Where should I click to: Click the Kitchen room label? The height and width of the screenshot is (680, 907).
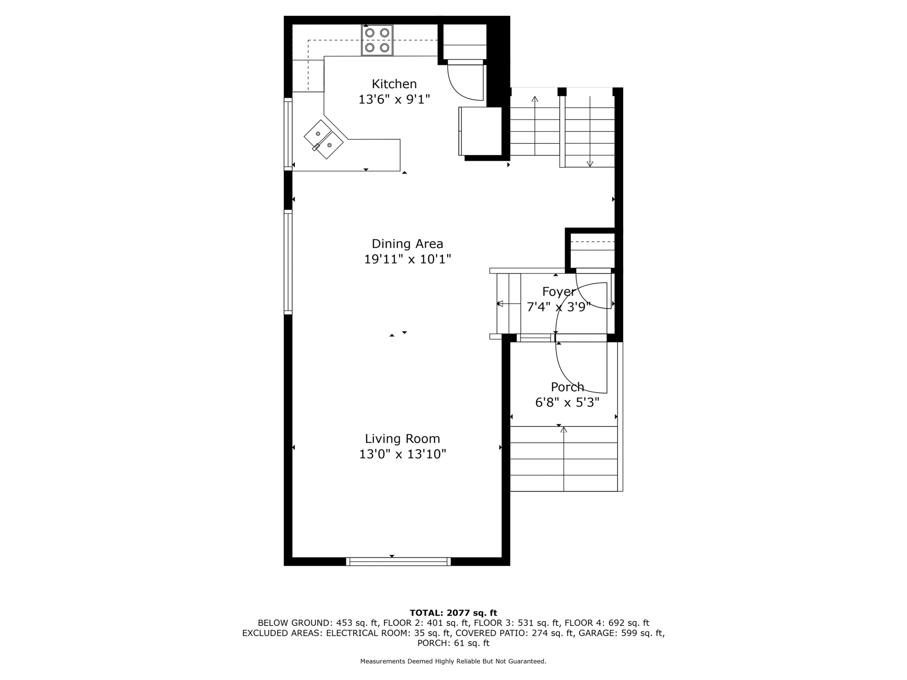(x=394, y=84)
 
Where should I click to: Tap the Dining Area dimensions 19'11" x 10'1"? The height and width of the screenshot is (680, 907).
(x=407, y=259)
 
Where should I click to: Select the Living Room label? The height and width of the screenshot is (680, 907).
(x=403, y=439)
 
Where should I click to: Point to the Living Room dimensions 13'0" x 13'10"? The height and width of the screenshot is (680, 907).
(x=403, y=454)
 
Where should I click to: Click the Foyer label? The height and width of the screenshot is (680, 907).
(x=559, y=292)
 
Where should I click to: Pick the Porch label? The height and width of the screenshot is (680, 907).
(x=567, y=387)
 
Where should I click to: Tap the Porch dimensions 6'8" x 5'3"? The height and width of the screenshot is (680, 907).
(x=567, y=402)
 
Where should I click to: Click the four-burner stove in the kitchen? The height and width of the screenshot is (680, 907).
(x=377, y=40)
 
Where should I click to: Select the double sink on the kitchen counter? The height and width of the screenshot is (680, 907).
(x=323, y=139)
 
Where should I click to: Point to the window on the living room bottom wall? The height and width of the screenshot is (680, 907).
(x=398, y=561)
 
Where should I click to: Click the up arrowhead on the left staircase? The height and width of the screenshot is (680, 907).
(x=535, y=99)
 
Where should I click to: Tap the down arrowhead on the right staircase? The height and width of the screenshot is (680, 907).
(x=590, y=164)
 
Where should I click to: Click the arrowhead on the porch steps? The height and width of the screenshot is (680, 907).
(x=564, y=429)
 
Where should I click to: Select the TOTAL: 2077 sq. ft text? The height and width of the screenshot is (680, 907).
(x=453, y=613)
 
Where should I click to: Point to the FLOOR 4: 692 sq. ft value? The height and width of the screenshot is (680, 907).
(x=607, y=623)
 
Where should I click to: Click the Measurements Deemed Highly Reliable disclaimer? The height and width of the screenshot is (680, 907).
(x=453, y=661)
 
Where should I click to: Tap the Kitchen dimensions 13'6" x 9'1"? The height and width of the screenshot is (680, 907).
(x=394, y=99)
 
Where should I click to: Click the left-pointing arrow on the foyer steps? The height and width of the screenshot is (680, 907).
(x=509, y=304)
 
